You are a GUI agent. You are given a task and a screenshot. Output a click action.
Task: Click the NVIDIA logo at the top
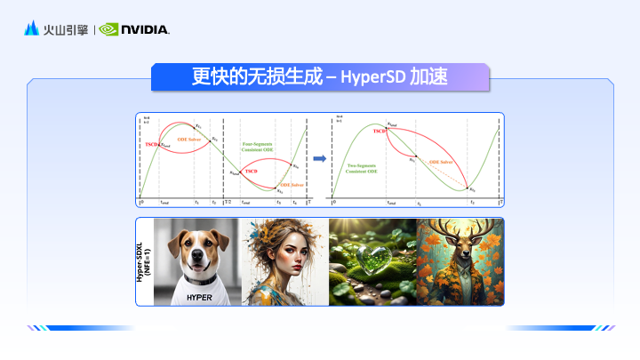pyautogui.click(x=134, y=29)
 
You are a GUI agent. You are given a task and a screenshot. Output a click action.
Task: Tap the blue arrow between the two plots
pyautogui.click(x=317, y=159)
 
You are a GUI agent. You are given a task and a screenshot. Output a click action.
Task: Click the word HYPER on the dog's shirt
pyautogui.click(x=199, y=297)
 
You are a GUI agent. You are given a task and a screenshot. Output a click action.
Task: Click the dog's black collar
pyautogui.click(x=199, y=279)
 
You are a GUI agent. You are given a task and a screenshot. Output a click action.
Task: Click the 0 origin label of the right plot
pyautogui.click(x=333, y=203)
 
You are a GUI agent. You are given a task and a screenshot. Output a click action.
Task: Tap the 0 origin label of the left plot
pyautogui.click(x=141, y=203)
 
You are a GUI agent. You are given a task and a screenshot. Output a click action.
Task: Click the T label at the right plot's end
pyautogui.click(x=500, y=203)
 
